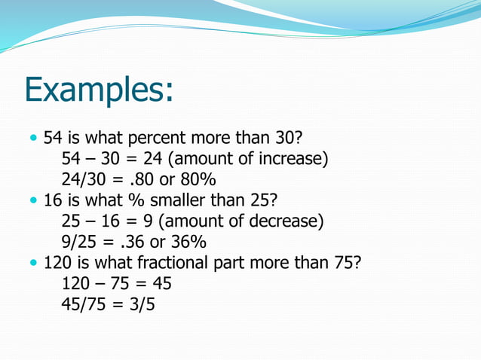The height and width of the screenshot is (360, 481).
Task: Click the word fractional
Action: click(191, 264)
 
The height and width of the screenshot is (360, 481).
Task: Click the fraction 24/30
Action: click(84, 181)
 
